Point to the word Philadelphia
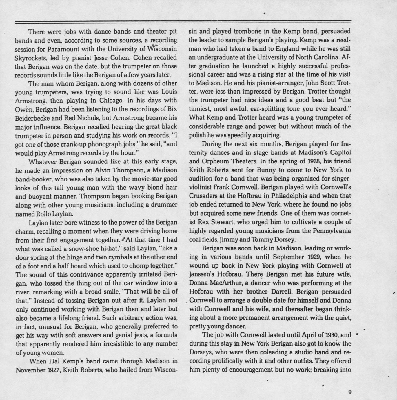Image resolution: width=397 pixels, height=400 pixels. point(283,196)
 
